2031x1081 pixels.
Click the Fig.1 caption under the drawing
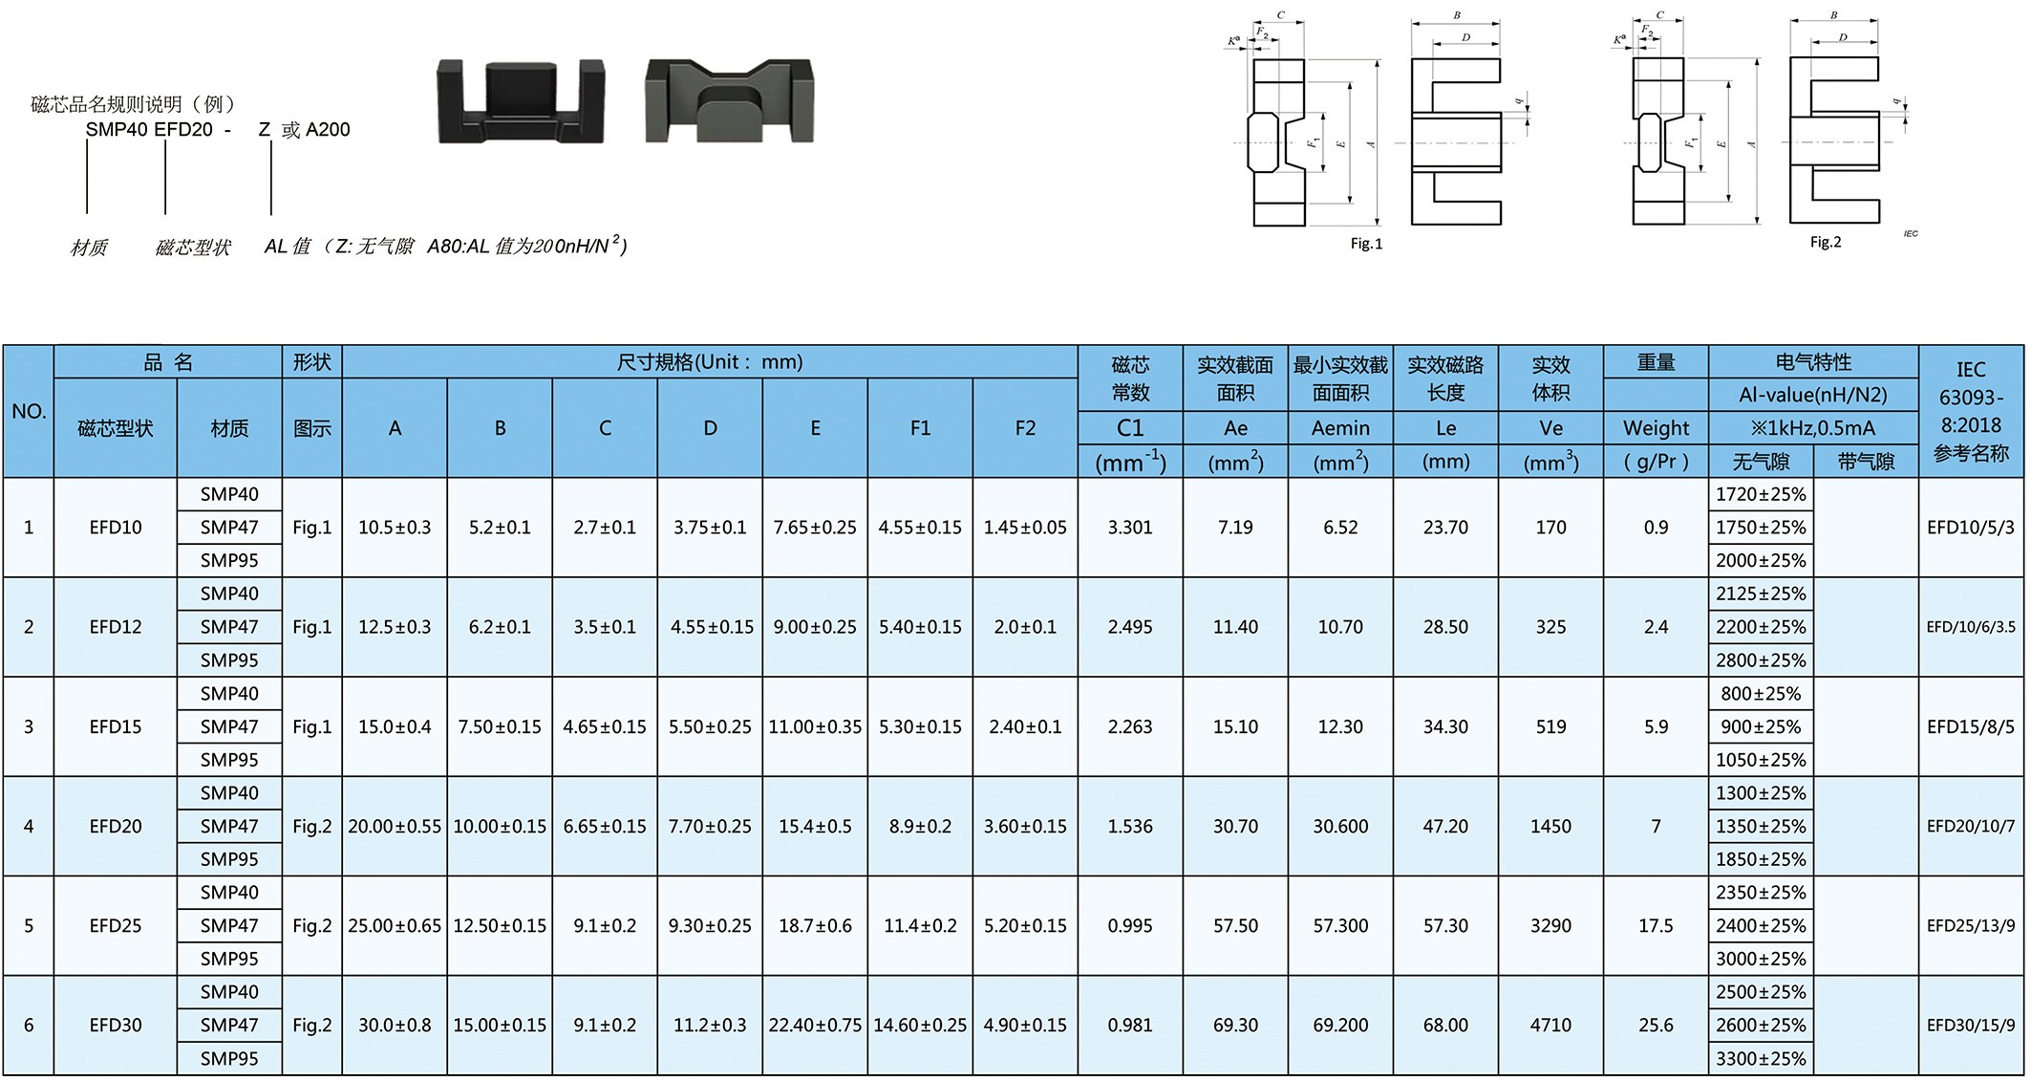click(1366, 244)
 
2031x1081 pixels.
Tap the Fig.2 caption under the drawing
click(1826, 242)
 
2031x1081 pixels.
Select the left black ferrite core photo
click(521, 101)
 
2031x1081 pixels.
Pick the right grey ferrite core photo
click(730, 101)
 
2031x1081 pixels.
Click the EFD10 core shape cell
click(116, 527)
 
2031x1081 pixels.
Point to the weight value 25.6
click(1656, 1025)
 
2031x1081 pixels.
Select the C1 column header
click(1130, 427)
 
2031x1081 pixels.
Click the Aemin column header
click(1340, 428)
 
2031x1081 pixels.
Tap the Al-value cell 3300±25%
click(1761, 1058)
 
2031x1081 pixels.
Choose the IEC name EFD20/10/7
click(1971, 826)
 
